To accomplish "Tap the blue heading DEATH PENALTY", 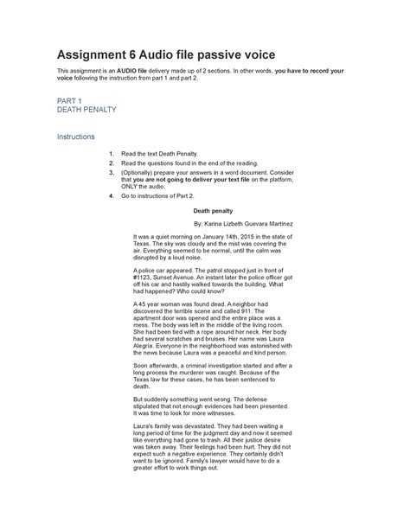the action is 86,111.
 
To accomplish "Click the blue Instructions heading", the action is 75,137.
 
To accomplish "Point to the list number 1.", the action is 111,152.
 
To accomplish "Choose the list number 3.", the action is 111,172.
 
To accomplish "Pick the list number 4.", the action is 111,196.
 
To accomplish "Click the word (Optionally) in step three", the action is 139,172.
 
